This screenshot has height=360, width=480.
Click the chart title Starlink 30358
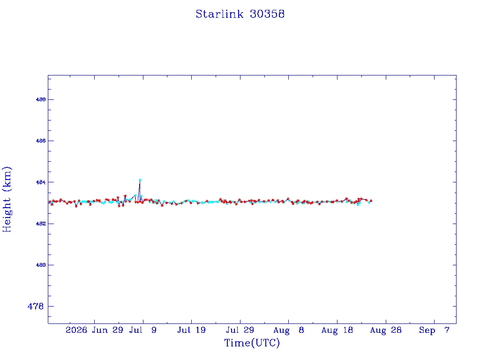pos(240,14)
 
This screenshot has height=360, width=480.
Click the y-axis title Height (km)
pos(7,199)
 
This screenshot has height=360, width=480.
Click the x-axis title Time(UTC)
pos(252,343)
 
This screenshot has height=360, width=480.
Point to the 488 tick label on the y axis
pos(41,99)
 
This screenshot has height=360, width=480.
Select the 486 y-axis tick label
pos(41,141)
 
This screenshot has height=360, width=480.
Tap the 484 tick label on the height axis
pos(41,182)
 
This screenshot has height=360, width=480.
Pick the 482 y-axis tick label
pos(41,224)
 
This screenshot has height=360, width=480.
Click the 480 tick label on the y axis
pos(41,265)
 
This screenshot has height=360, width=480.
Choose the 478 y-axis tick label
pos(36,306)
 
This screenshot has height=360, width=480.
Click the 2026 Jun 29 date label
pos(94,330)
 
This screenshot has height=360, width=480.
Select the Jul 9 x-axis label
pos(142,330)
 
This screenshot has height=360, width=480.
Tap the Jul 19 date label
pos(191,330)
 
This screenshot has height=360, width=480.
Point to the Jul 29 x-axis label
pos(240,330)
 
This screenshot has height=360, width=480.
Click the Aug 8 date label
pos(289,330)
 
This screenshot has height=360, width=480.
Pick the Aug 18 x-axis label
pos(337,330)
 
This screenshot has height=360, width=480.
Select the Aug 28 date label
pos(386,330)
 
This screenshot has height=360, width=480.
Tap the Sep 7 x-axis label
pos(434,330)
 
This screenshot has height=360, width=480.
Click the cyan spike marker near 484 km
pos(140,180)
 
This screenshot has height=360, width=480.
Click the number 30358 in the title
pos(267,14)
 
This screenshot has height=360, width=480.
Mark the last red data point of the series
pos(371,201)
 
